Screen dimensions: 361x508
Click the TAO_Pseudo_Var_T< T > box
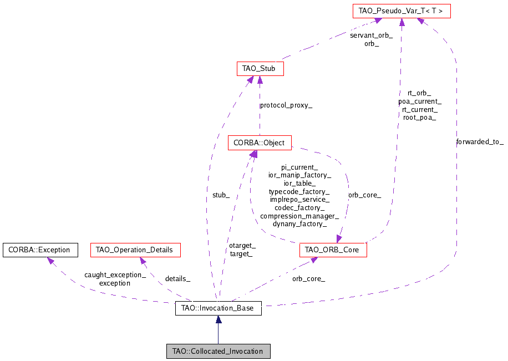point(402,11)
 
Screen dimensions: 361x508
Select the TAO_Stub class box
point(260,69)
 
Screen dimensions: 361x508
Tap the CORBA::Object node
point(259,143)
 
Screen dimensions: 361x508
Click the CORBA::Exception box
point(39,250)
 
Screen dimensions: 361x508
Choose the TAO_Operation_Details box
point(135,250)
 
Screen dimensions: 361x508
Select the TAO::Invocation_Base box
point(218,308)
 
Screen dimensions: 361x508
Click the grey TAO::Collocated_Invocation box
point(219,351)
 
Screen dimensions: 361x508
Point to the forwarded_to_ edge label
point(480,142)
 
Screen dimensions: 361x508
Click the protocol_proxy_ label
point(286,105)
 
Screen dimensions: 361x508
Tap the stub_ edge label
point(221,195)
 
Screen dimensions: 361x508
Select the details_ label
point(177,278)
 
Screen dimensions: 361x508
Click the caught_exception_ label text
point(115,275)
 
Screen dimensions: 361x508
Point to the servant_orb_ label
point(371,35)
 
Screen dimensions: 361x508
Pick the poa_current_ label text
point(420,101)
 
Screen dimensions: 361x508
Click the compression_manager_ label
point(299,216)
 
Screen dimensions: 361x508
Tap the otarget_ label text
point(242,246)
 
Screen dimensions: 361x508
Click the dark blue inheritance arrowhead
point(219,320)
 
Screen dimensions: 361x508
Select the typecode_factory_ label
point(299,191)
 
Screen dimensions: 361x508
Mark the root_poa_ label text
point(420,118)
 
